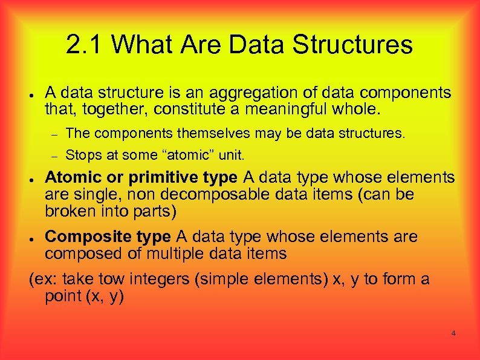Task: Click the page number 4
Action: coord(453,333)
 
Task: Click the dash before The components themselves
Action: coord(54,134)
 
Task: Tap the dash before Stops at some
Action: coord(54,157)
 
